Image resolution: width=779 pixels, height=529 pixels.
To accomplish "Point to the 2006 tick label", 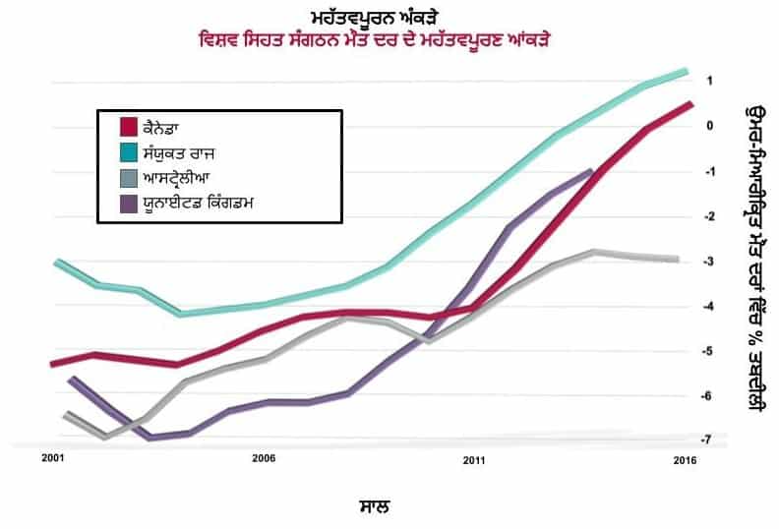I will [x=263, y=458].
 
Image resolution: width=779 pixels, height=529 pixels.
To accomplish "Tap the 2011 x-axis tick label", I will [x=474, y=458].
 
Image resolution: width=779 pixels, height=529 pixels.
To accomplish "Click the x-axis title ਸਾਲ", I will [x=374, y=507].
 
